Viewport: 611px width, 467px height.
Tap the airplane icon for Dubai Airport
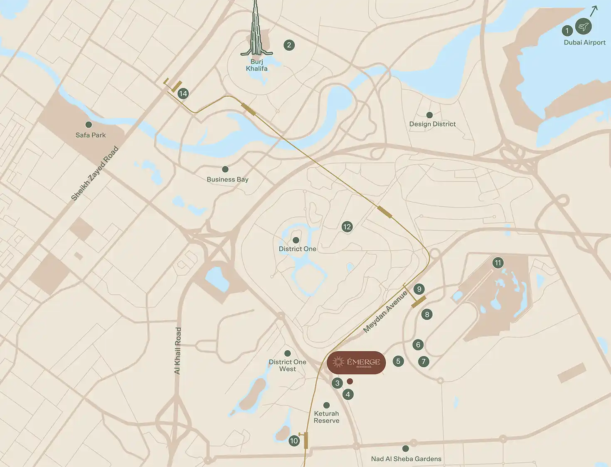(x=583, y=27)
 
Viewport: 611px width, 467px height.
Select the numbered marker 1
(x=567, y=30)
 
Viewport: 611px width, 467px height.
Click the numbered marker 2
(x=289, y=45)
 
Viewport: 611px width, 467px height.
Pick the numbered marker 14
(x=183, y=94)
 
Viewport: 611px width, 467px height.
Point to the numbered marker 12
(x=347, y=227)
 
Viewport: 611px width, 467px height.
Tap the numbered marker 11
(x=498, y=263)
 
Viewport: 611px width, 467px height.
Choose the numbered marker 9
(x=419, y=289)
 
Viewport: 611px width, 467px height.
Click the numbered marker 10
(x=294, y=441)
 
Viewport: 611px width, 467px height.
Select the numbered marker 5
(x=398, y=361)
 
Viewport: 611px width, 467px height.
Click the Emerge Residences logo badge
(x=356, y=362)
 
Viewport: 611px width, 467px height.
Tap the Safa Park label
(x=91, y=135)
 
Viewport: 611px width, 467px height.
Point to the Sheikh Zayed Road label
(x=95, y=174)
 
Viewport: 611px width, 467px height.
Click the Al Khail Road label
(x=178, y=351)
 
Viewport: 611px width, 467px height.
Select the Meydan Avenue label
(x=385, y=312)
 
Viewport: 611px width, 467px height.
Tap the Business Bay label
(x=227, y=179)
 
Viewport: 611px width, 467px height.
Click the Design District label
(x=432, y=124)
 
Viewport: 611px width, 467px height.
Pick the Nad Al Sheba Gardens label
(x=406, y=459)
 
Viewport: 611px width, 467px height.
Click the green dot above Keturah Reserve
(x=326, y=405)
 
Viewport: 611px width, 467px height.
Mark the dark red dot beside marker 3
(x=350, y=381)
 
